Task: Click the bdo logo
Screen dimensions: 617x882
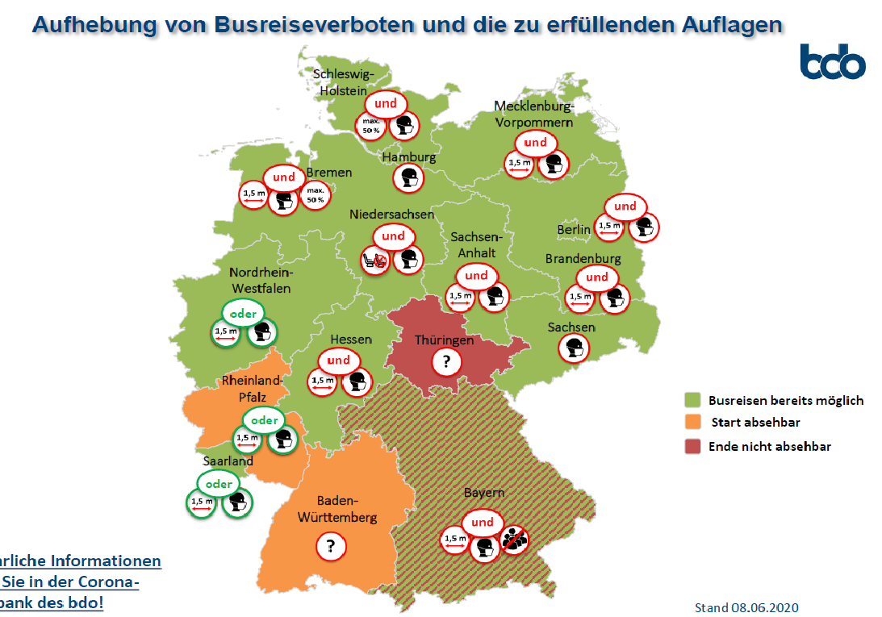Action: point(832,62)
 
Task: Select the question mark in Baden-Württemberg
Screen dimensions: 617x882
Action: point(329,546)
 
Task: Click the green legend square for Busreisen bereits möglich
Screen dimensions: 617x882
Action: point(691,400)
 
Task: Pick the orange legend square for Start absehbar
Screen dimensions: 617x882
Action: point(691,423)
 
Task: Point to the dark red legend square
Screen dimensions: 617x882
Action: point(691,446)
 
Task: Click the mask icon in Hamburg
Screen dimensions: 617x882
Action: point(408,177)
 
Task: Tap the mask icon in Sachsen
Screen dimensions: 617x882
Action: point(574,348)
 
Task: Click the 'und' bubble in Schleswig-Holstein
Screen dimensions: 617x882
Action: point(386,104)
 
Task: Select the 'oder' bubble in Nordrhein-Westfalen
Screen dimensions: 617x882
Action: point(243,314)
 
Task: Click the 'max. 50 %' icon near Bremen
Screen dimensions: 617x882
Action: point(315,195)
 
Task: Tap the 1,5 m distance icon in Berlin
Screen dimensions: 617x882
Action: point(610,227)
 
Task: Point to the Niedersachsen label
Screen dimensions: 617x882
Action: point(391,215)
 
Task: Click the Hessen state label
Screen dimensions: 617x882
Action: point(351,340)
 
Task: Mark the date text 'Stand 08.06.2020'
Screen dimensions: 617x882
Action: point(746,607)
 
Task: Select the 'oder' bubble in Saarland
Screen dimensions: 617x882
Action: point(219,484)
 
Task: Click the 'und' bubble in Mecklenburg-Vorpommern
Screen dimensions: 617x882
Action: point(536,143)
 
